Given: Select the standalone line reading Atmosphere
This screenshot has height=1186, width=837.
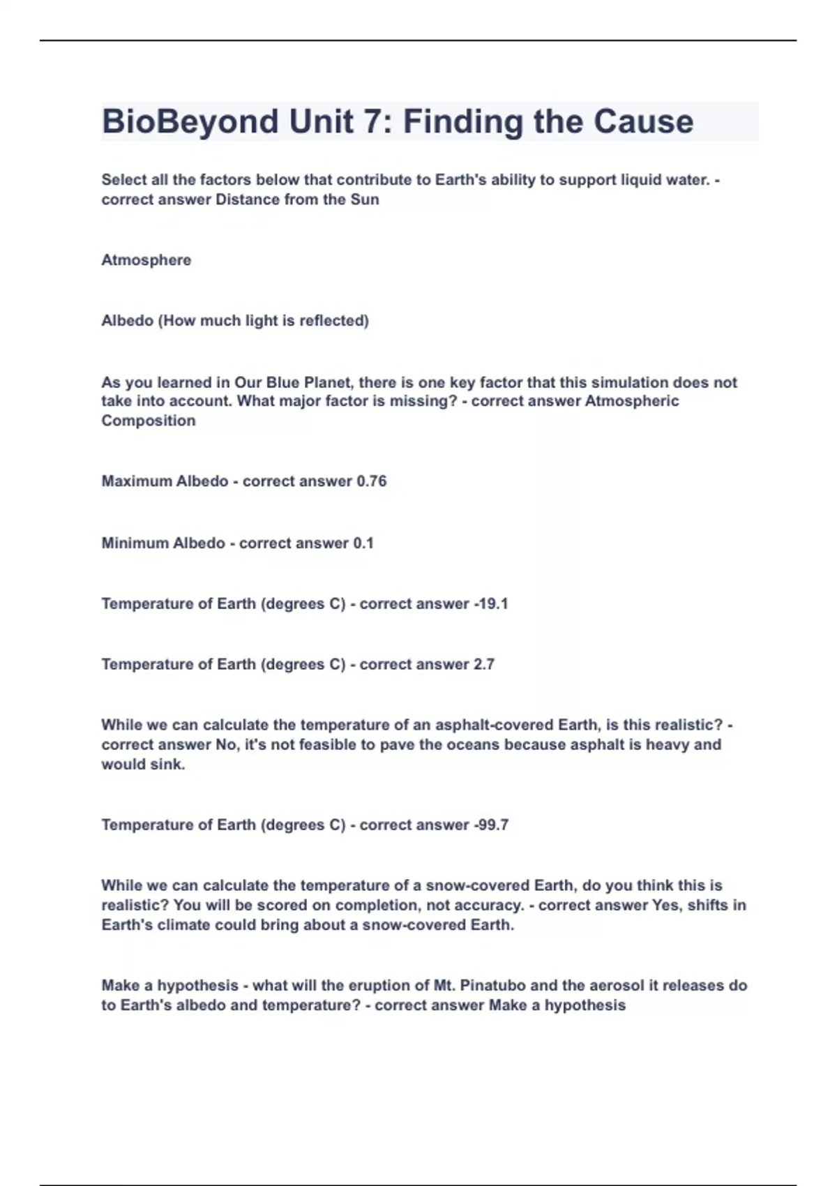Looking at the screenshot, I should tap(146, 260).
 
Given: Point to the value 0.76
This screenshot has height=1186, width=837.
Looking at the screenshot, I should tap(371, 481).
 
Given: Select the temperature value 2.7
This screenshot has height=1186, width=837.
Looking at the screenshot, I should tap(484, 665).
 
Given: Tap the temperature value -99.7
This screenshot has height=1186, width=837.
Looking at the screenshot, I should tap(491, 825).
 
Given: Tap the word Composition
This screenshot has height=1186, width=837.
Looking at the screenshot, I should tap(149, 421).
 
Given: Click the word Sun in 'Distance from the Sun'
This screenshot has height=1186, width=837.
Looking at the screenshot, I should tap(365, 200).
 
